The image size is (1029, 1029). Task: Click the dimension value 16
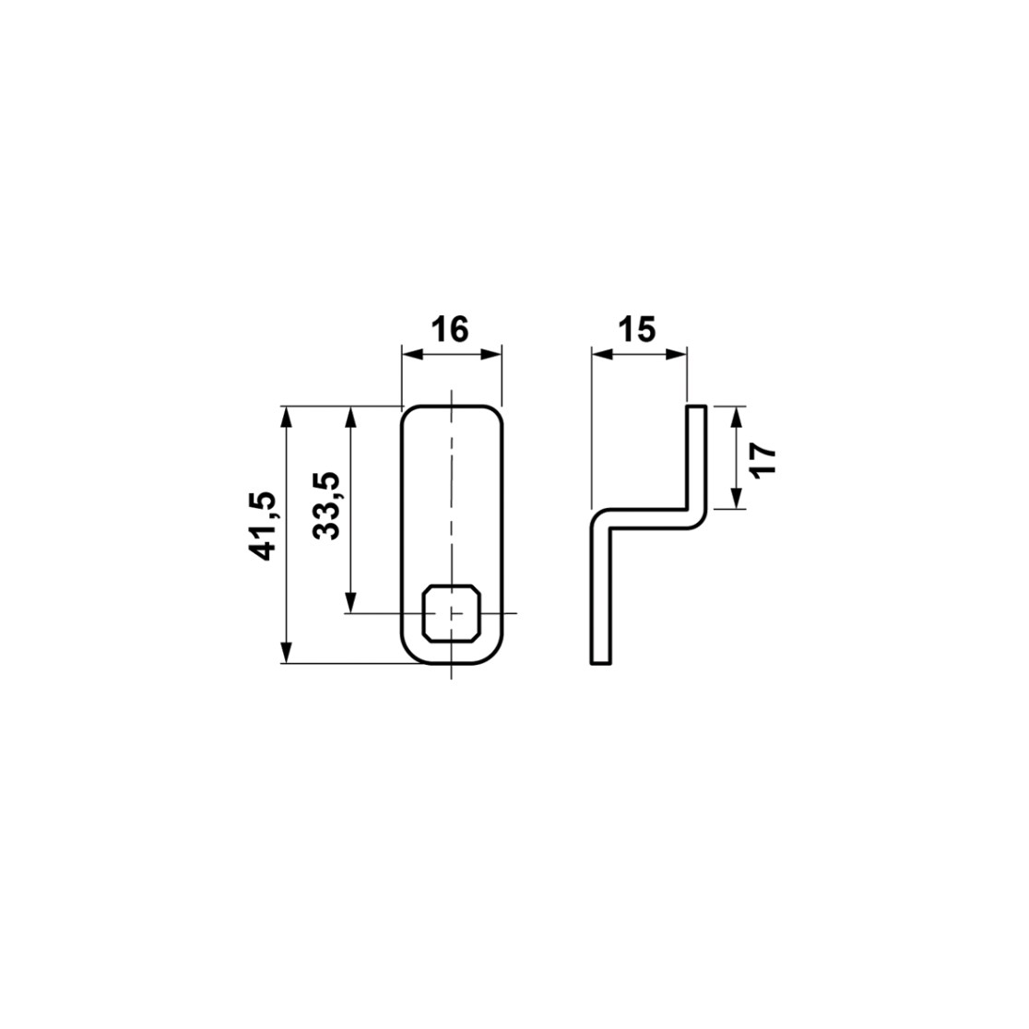point(452,329)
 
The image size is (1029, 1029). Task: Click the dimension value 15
point(639,329)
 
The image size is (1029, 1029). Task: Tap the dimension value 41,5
point(263,526)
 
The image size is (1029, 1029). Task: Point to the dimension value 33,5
point(326,505)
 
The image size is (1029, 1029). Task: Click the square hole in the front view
point(452,612)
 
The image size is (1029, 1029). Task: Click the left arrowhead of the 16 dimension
point(412,354)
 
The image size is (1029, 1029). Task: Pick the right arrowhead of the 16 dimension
point(491,354)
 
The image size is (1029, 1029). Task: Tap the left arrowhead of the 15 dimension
point(602,354)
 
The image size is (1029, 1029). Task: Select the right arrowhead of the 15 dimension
point(677,354)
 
